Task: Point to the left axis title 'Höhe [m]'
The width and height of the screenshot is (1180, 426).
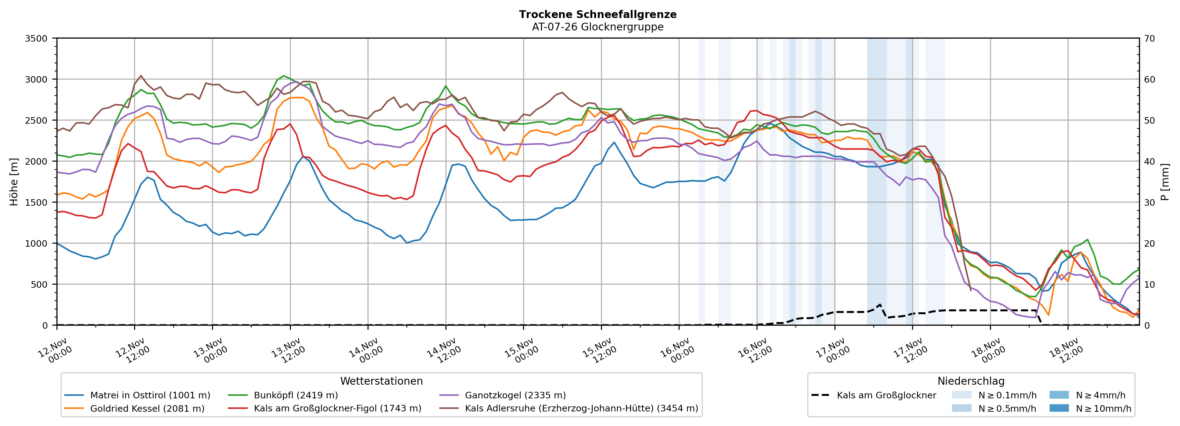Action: click(14, 181)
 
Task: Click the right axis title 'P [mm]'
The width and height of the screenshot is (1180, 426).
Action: click(1165, 181)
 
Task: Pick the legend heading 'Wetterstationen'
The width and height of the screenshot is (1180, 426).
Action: click(381, 381)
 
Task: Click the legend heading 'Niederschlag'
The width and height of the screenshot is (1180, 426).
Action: click(971, 381)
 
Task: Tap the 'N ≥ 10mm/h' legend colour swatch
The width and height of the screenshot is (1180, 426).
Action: click(1059, 408)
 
